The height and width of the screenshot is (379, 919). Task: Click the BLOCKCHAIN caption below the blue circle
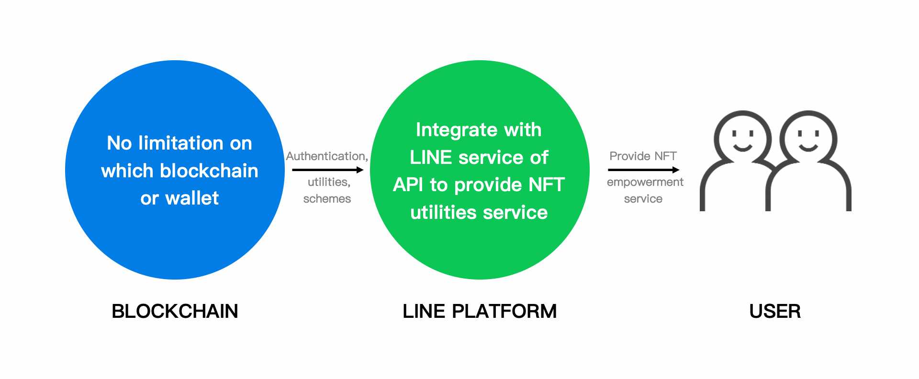point(175,311)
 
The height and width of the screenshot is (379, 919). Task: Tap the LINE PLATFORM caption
point(480,311)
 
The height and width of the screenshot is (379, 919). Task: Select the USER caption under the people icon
point(775,311)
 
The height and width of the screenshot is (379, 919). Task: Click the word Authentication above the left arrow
point(326,156)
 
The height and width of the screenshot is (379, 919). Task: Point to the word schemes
point(327,198)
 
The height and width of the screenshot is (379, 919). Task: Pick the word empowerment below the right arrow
point(645,183)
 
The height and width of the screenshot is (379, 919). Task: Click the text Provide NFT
point(643,156)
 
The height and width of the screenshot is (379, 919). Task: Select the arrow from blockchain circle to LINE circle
point(328,170)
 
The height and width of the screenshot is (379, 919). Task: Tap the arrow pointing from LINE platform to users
point(644,170)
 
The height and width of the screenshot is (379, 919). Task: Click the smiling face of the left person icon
point(742,140)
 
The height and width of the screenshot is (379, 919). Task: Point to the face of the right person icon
point(808,140)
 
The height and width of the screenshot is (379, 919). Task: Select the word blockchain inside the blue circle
point(209,171)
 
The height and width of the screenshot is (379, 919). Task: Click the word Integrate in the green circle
point(450,130)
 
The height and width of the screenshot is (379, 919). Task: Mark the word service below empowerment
point(643,199)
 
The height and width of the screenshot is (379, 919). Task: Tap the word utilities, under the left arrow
point(329,182)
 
